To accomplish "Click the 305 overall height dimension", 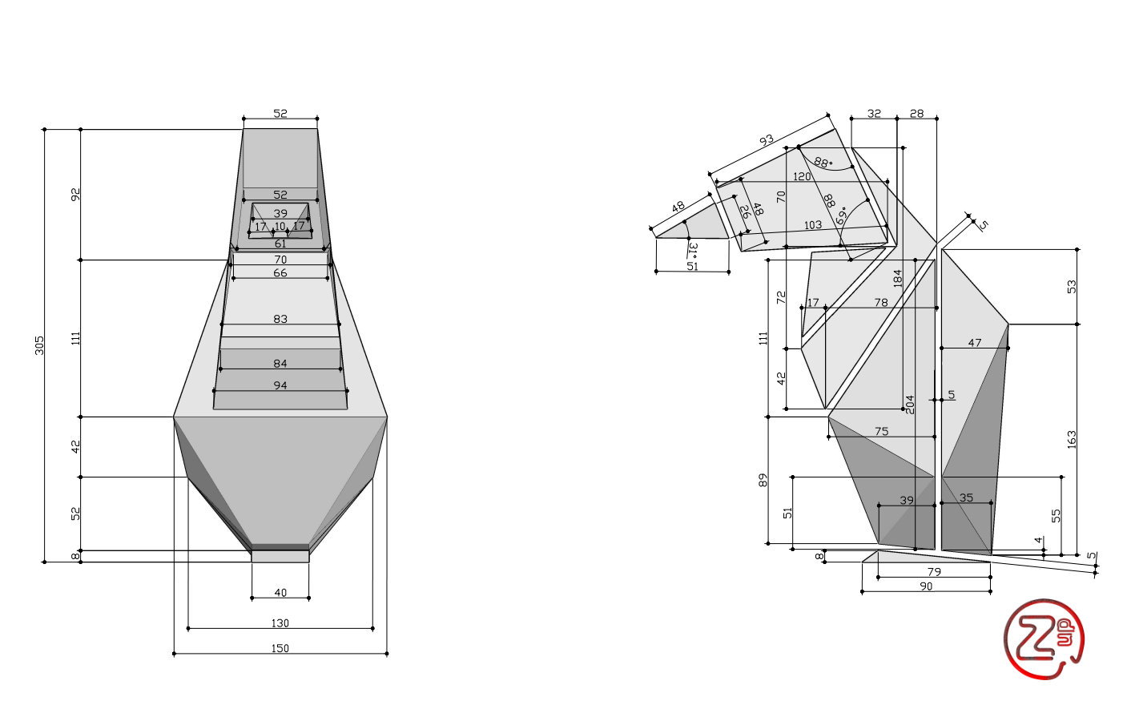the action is [x=39, y=345].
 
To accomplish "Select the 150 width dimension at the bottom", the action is [x=280, y=648].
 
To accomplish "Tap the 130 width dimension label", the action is [x=280, y=623].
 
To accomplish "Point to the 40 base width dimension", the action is [x=280, y=593].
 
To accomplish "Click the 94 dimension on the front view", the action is [x=280, y=385].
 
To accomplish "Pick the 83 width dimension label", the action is [x=280, y=319].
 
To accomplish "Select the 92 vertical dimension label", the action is [x=76, y=195].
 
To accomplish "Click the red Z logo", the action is [x=1044, y=639].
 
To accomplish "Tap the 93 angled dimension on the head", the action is [x=767, y=140].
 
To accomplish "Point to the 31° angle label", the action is [x=694, y=248].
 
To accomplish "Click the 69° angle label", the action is [x=842, y=216].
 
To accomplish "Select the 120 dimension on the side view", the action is [x=802, y=176].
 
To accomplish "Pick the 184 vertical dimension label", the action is [x=897, y=278].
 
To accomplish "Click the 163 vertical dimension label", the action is [x=1072, y=439].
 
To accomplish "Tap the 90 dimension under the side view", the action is [x=926, y=586].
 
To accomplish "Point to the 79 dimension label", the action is [x=935, y=572].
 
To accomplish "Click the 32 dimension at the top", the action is [x=874, y=114].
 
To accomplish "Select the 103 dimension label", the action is [x=813, y=225].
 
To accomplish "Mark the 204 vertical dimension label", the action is [x=910, y=405].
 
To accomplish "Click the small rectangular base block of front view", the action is [x=280, y=556].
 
